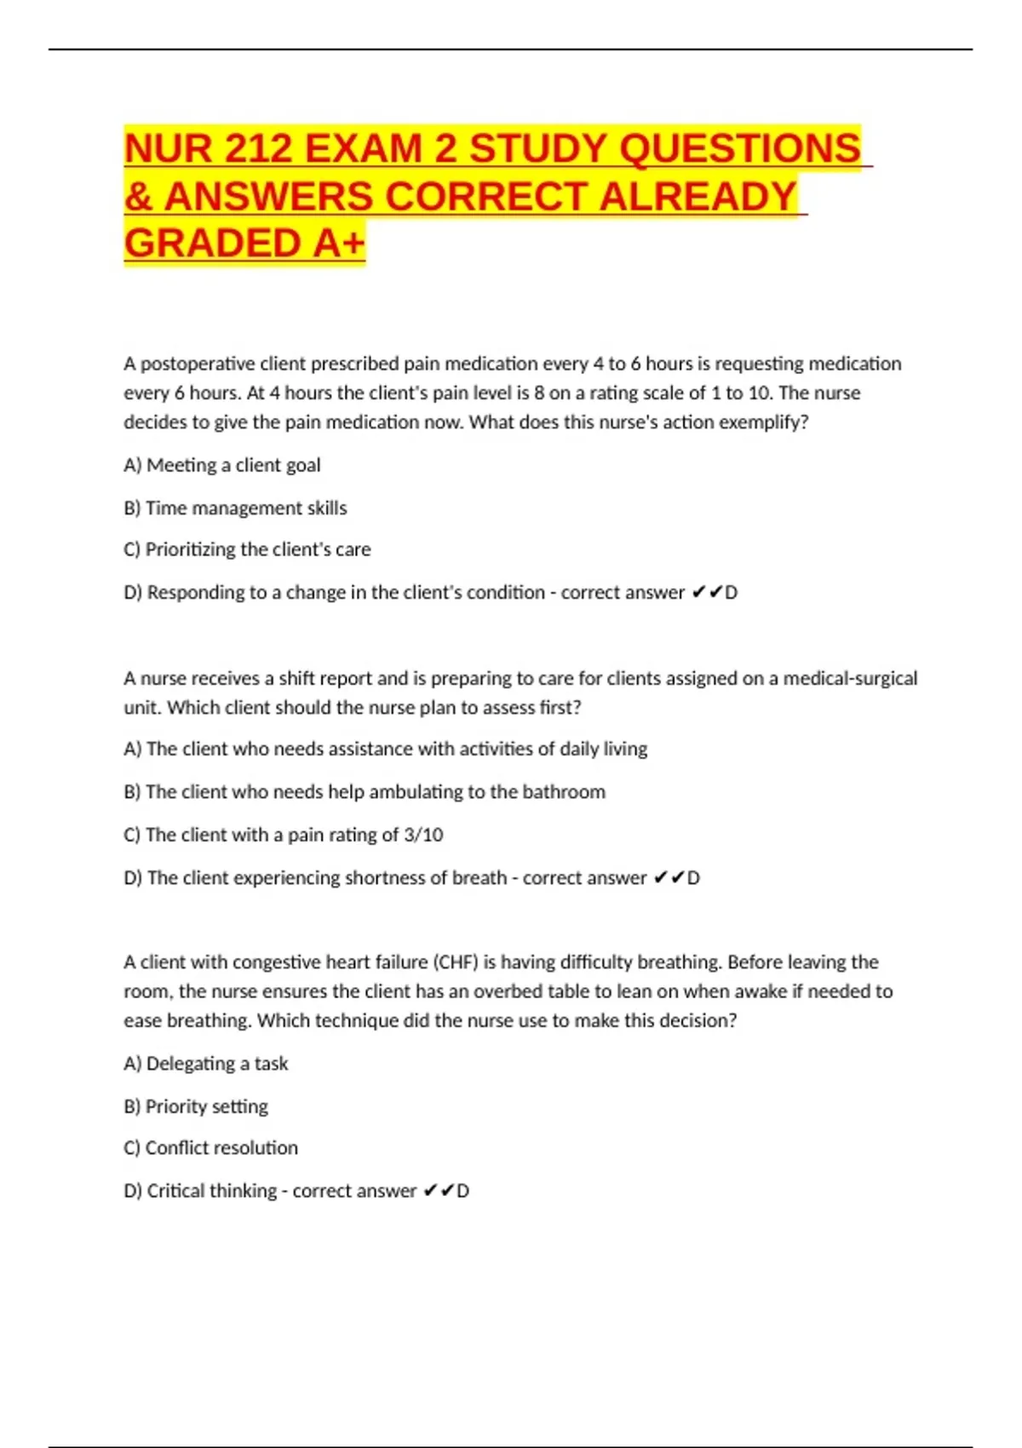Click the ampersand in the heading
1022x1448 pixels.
click(x=138, y=197)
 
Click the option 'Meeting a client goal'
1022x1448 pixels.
click(x=222, y=465)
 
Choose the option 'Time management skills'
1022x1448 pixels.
click(x=235, y=508)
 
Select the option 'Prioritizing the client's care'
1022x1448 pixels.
click(x=247, y=549)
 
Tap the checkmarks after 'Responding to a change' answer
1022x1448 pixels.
click(x=706, y=592)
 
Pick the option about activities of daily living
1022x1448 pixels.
click(x=385, y=749)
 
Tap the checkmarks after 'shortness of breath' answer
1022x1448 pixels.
click(x=669, y=877)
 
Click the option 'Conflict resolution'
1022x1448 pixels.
click(x=210, y=1147)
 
